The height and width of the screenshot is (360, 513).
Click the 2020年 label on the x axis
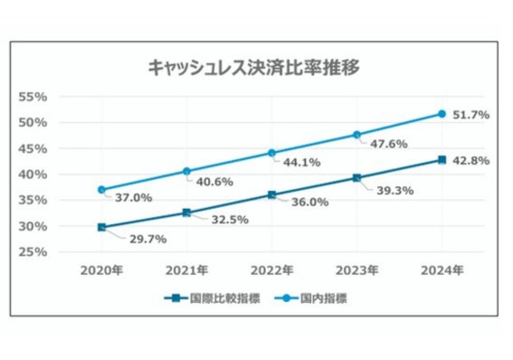(x=101, y=270)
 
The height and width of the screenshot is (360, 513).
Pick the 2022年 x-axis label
(x=271, y=270)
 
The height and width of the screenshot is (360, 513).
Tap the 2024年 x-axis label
(x=442, y=270)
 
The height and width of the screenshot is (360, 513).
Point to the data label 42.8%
(x=470, y=160)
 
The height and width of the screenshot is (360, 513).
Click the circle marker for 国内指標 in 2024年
(x=442, y=113)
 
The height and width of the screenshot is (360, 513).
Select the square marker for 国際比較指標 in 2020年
(x=101, y=227)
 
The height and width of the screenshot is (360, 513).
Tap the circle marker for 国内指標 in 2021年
(x=186, y=171)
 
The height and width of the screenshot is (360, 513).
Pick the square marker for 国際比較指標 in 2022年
(x=271, y=194)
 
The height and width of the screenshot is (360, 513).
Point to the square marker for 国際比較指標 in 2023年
(x=356, y=177)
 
